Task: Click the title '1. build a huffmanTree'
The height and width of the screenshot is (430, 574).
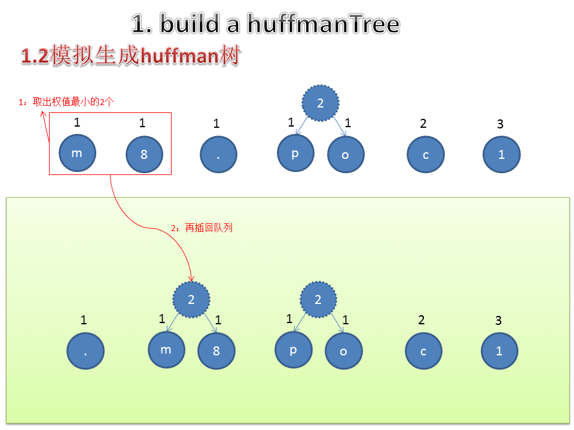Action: tap(265, 24)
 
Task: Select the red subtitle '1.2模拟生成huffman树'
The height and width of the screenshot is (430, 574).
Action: tap(131, 57)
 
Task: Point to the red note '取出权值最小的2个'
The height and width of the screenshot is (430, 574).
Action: tap(73, 102)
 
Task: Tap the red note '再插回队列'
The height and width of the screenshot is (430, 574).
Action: tap(208, 228)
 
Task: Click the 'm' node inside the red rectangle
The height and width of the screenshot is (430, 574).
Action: tap(77, 153)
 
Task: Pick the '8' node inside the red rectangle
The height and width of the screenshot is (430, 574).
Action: tap(144, 155)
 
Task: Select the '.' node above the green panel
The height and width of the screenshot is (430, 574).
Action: tap(218, 155)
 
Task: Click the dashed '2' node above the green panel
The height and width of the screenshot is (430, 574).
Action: tap(320, 103)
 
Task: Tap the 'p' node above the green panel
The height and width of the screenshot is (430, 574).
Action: tap(295, 153)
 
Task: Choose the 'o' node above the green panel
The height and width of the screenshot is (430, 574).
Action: tap(346, 155)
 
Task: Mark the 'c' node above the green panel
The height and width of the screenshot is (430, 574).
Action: tap(426, 155)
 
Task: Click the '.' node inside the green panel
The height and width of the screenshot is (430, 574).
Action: tap(86, 351)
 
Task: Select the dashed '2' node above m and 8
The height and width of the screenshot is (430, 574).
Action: tap(191, 299)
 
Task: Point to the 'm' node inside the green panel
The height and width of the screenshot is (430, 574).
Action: tap(166, 350)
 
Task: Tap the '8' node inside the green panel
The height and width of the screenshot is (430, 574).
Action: tap(216, 351)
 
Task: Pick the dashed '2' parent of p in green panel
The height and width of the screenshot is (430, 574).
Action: tap(318, 299)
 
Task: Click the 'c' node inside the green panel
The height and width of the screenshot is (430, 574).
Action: tap(423, 351)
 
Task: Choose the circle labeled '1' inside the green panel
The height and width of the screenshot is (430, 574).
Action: tap(499, 351)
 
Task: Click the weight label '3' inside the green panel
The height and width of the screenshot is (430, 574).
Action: tap(499, 321)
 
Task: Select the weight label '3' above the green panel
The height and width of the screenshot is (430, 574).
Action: tap(500, 124)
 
